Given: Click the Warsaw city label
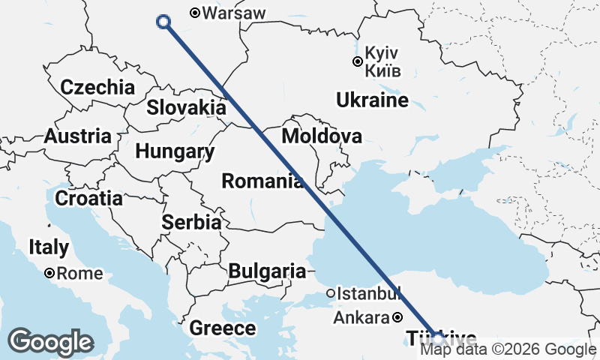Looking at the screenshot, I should pyautogui.click(x=234, y=13).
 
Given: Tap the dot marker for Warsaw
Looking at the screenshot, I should pyautogui.click(x=195, y=13).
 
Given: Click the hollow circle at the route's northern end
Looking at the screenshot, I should pyautogui.click(x=163, y=22).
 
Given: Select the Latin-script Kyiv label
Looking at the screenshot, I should pyautogui.click(x=382, y=55).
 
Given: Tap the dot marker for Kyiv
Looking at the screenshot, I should pyautogui.click(x=358, y=62).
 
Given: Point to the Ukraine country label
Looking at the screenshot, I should pyautogui.click(x=372, y=100).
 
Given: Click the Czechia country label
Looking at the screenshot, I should pyautogui.click(x=97, y=87).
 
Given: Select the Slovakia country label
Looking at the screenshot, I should pyautogui.click(x=186, y=107).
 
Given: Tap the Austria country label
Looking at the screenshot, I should pyautogui.click(x=78, y=137).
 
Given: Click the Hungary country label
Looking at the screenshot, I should pyautogui.click(x=175, y=151).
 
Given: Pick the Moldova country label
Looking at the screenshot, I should pyautogui.click(x=322, y=136).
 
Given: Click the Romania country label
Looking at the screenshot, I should pyautogui.click(x=262, y=181).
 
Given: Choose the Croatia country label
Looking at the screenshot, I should pyautogui.click(x=88, y=199).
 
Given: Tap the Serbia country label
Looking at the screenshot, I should pyautogui.click(x=191, y=223).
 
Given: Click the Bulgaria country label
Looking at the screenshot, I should pyautogui.click(x=268, y=271).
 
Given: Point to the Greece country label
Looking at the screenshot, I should pyautogui.click(x=222, y=328).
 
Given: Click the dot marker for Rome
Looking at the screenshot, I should pyautogui.click(x=49, y=274).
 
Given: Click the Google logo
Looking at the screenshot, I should pyautogui.click(x=51, y=342).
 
